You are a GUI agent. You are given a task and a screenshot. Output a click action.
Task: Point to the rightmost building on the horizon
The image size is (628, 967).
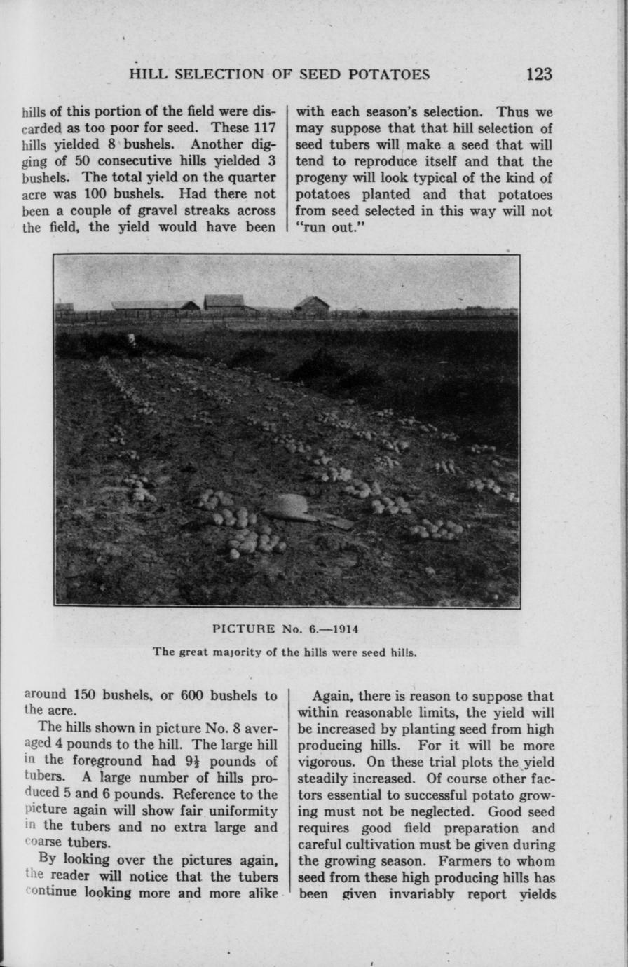click(x=312, y=305)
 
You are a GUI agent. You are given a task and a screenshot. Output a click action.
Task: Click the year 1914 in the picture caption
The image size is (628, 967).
click(x=343, y=629)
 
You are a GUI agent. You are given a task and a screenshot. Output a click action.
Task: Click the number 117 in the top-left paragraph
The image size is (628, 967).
click(x=261, y=128)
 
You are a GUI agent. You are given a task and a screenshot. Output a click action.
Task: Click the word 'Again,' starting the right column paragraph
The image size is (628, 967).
click(x=332, y=697)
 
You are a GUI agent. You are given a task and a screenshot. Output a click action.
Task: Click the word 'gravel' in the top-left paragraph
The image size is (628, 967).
click(x=143, y=210)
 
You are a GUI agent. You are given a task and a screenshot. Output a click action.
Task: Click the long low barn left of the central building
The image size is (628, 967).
click(x=155, y=306)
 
